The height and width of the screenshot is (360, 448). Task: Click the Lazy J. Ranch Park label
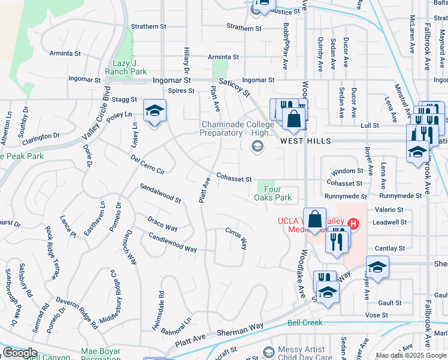(x=130, y=67)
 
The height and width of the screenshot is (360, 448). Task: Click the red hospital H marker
(x=353, y=224)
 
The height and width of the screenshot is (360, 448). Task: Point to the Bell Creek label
(x=305, y=323)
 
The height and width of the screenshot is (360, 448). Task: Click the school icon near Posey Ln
(x=155, y=110)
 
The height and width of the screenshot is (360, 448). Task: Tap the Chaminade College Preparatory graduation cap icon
(x=258, y=146)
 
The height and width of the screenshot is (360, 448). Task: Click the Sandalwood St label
(x=161, y=193)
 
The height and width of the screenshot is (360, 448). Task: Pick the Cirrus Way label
(x=236, y=238)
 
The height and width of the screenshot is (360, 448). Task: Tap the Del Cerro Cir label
(x=147, y=163)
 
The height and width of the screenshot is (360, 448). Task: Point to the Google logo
(x=20, y=353)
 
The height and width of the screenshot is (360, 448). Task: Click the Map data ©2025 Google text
(x=411, y=355)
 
